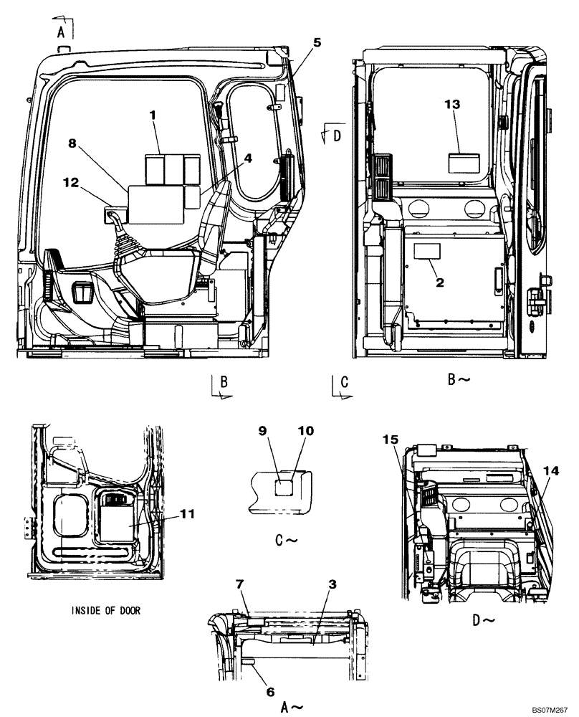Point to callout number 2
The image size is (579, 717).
(x=440, y=282)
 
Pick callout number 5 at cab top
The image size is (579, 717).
(x=317, y=42)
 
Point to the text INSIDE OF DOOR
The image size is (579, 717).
(x=106, y=611)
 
